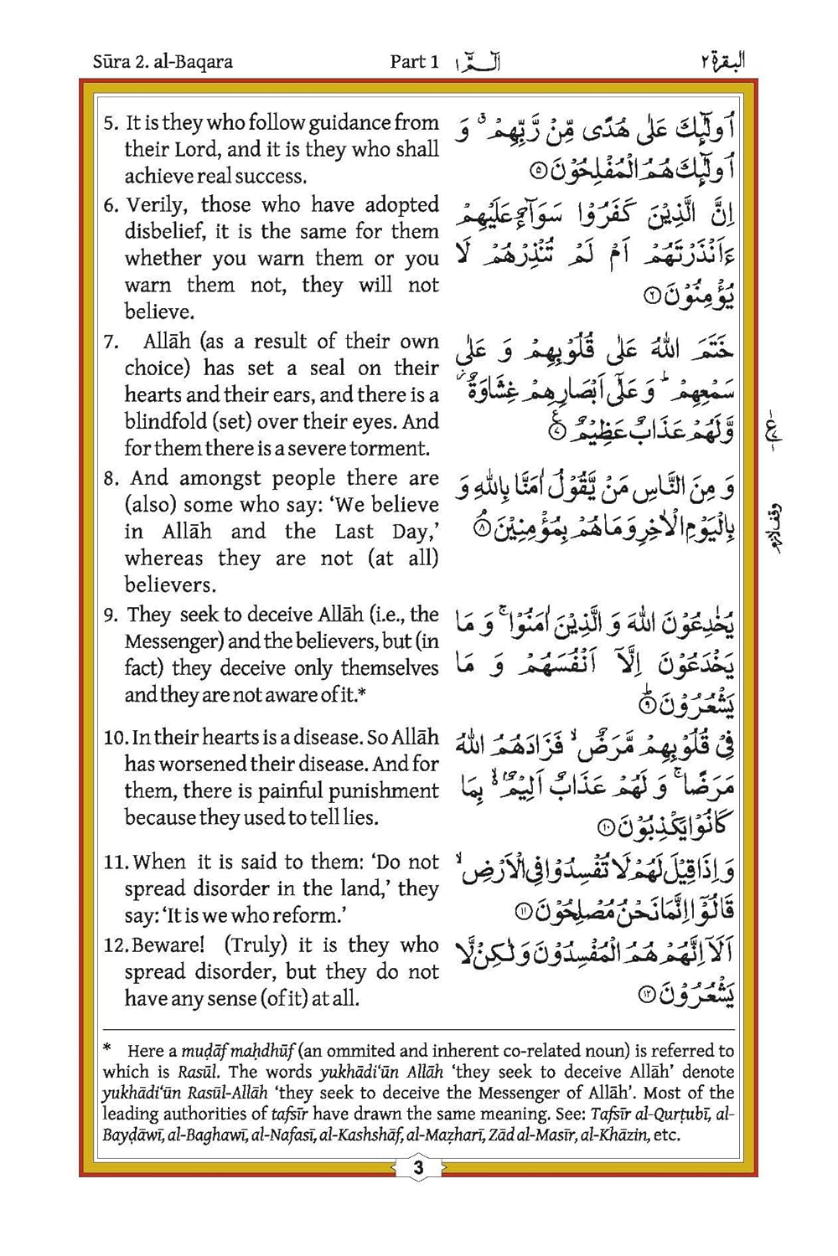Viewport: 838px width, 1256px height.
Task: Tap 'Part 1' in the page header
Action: point(414,61)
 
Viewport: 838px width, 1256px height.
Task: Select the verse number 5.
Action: point(111,123)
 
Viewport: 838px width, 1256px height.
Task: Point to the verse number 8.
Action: point(111,479)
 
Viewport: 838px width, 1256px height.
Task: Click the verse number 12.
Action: point(114,945)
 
